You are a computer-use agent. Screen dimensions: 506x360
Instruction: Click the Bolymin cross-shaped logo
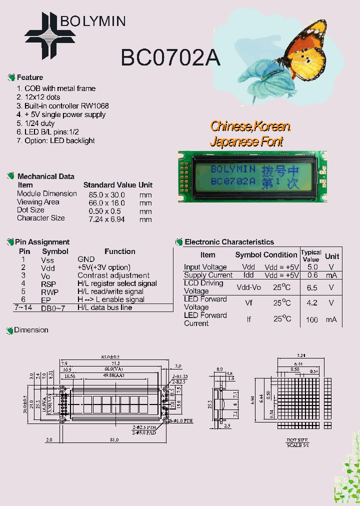click(x=50, y=35)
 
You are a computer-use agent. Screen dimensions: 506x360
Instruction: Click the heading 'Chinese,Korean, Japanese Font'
click(x=249, y=133)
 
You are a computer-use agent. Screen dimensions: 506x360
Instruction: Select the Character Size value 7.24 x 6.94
click(x=106, y=219)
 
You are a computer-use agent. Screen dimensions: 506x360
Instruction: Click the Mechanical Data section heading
click(x=45, y=176)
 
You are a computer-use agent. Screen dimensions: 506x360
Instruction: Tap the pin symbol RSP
click(x=48, y=283)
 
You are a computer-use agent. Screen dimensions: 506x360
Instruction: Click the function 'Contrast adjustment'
click(x=113, y=275)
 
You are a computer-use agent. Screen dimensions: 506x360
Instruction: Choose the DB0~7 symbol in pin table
click(x=53, y=308)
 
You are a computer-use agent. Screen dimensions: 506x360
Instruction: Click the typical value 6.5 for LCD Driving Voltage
click(x=312, y=287)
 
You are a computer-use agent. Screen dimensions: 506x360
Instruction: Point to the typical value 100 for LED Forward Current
click(x=312, y=319)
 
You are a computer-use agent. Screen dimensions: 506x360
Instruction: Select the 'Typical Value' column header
click(x=311, y=256)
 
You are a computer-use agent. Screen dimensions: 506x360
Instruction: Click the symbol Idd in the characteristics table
click(x=248, y=275)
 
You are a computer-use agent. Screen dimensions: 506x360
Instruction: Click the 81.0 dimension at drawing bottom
click(x=114, y=440)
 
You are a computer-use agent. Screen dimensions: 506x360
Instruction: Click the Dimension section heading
click(x=31, y=330)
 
